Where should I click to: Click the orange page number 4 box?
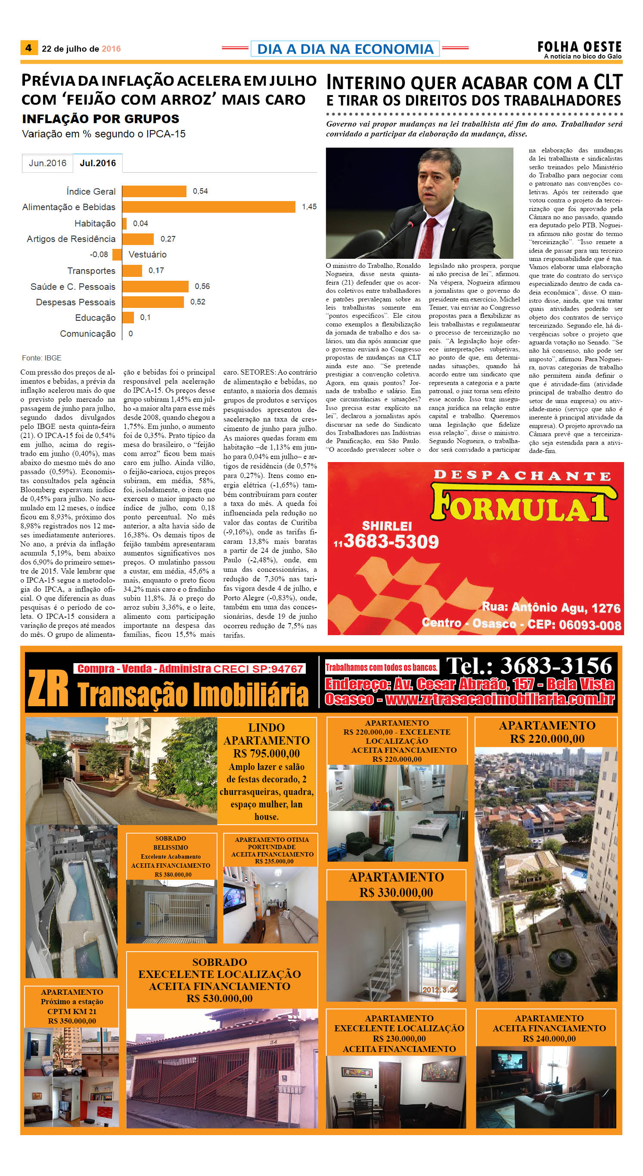pos(28,48)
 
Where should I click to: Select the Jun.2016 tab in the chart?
pos(47,163)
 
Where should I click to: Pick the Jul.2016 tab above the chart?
pos(98,163)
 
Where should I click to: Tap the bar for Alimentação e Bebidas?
pos(209,207)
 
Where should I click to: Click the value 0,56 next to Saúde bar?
pos(202,286)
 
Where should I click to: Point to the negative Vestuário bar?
pos(118,254)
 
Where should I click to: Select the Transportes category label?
pos(91,271)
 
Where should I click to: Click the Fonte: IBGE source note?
pos(41,358)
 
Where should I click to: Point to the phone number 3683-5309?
pos(391,541)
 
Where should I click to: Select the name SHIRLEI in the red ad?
pos(387,526)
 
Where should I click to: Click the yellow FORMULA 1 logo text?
pos(521,506)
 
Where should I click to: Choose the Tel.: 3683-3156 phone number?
pos(529,666)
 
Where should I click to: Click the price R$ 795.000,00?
pos(266,753)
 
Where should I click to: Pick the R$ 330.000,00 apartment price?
pos(396,892)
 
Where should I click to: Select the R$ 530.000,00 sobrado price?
pos(219,999)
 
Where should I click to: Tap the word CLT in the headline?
pos(607,83)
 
